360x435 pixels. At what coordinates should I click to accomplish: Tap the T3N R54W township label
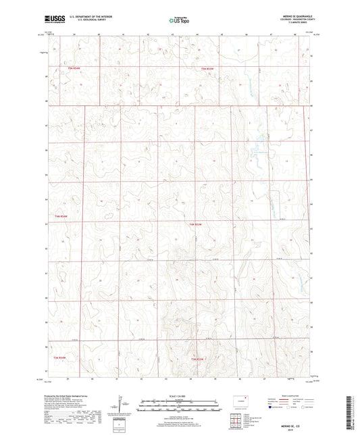pyautogui.click(x=62, y=357)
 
